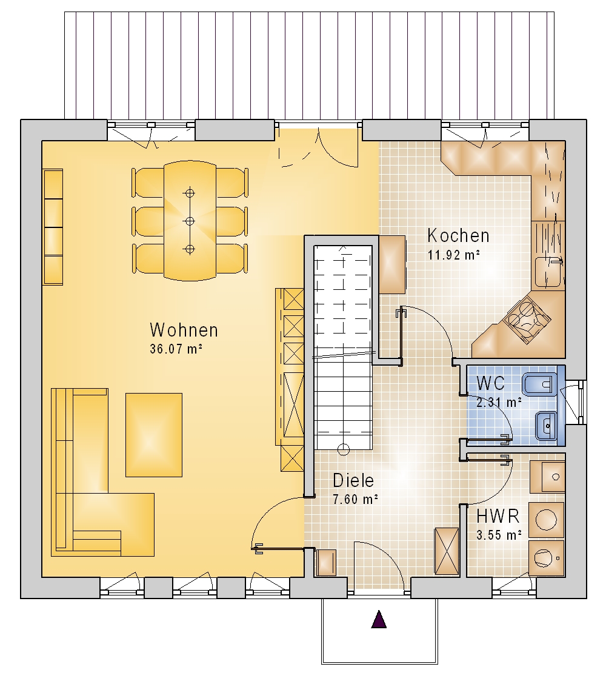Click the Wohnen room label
pos(184,330)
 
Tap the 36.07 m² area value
pos(176,349)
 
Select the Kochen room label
pos(458,235)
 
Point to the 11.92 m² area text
pos(454,255)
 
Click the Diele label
pos(353,480)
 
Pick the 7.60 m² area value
pos(356,500)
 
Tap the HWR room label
pos(498,517)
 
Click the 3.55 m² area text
pos(499,535)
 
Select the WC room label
pos(490,383)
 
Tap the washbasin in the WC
pos(546,426)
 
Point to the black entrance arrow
pos(379,619)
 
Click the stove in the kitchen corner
pos(527,318)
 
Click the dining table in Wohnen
pos(190,221)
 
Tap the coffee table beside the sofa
pos(154,435)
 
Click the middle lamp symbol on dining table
pos(189,221)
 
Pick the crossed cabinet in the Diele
pos(447,551)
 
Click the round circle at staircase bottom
pos(344,449)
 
